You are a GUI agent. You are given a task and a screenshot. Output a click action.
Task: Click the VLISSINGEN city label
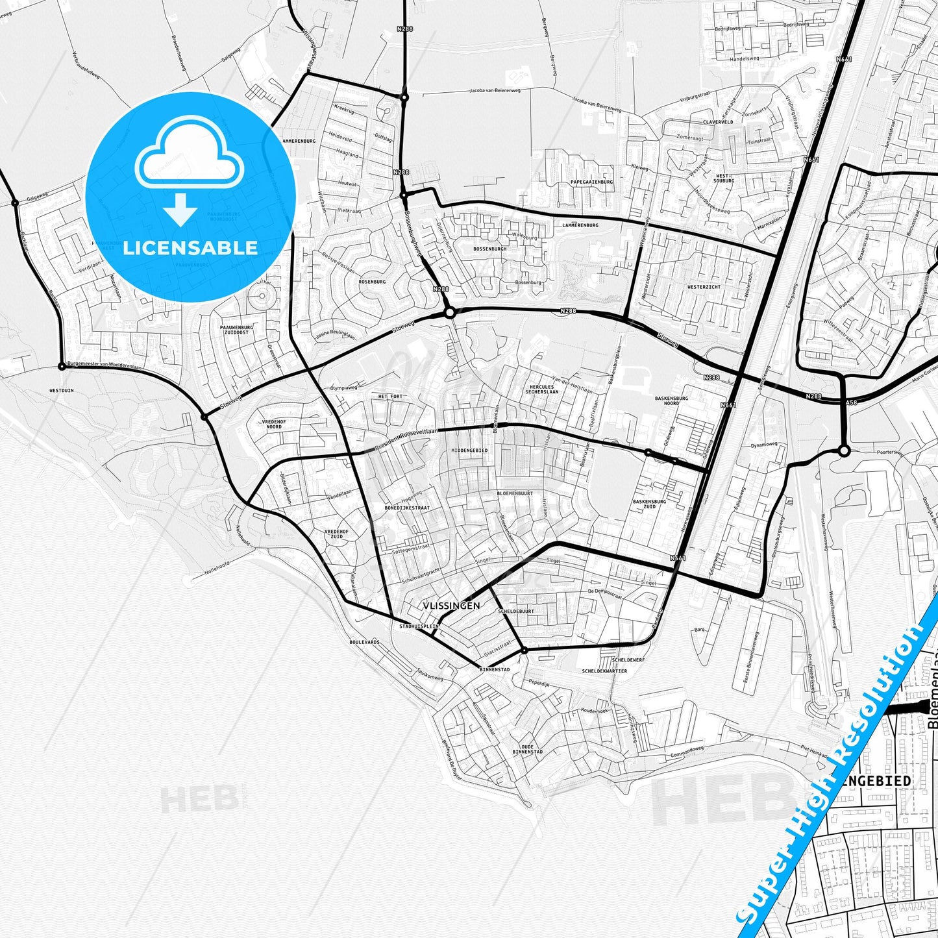click(x=451, y=606)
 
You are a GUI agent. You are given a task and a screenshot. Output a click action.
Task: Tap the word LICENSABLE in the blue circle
click(x=190, y=248)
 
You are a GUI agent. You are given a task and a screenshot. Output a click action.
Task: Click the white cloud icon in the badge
click(x=190, y=162)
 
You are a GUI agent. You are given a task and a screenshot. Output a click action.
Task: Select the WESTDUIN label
click(x=62, y=391)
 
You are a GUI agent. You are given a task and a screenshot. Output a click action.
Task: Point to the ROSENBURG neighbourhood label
click(x=372, y=282)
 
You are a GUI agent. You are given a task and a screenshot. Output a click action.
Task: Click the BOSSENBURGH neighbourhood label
click(x=490, y=249)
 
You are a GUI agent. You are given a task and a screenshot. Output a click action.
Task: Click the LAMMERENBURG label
click(x=580, y=225)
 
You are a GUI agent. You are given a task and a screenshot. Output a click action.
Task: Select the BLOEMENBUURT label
click(x=514, y=493)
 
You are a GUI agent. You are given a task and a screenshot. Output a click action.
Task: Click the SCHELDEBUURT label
click(x=516, y=611)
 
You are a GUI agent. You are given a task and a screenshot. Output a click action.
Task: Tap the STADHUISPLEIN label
click(x=419, y=626)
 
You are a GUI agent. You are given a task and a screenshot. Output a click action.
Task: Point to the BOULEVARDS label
click(x=364, y=642)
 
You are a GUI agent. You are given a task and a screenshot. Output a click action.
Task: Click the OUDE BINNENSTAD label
click(x=527, y=749)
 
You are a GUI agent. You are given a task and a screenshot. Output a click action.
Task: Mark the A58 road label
click(x=851, y=403)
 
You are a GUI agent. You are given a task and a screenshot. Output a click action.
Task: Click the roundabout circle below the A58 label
click(x=843, y=450)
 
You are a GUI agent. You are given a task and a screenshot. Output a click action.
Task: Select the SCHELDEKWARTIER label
click(x=604, y=671)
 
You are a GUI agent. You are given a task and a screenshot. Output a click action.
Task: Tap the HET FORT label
click(x=390, y=396)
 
